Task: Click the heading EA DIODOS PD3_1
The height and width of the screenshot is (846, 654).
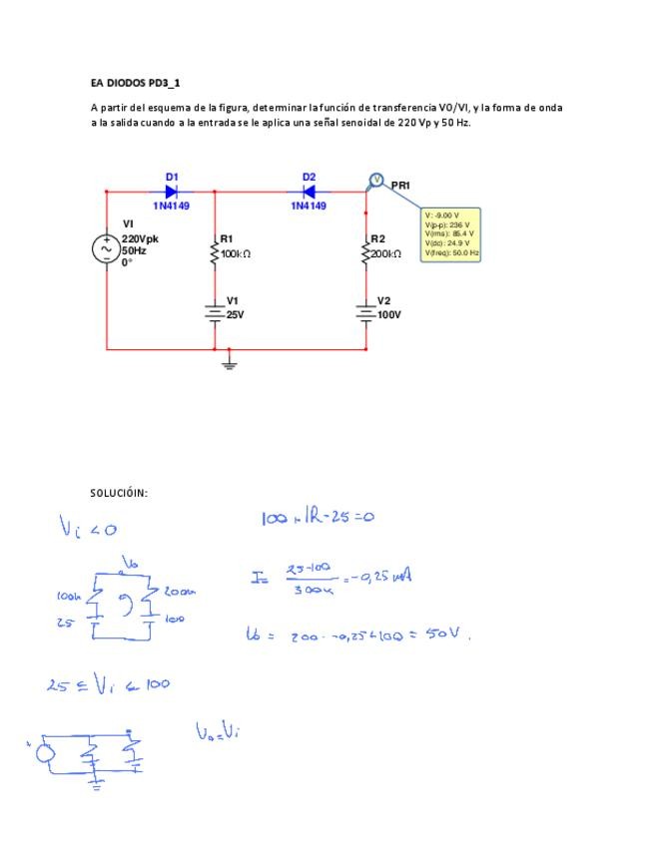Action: click(135, 83)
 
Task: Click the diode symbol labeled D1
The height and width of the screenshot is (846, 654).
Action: click(171, 191)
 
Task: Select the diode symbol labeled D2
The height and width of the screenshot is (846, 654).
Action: click(309, 191)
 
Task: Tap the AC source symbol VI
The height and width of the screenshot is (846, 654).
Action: click(107, 248)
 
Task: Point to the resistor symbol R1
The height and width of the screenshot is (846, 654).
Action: click(215, 253)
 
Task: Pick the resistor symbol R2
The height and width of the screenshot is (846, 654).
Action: click(365, 253)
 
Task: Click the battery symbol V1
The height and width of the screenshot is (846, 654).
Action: click(215, 313)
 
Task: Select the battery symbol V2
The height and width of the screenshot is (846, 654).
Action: click(365, 313)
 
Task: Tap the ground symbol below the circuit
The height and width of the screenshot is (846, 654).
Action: click(229, 362)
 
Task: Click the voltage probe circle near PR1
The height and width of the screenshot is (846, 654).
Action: click(377, 180)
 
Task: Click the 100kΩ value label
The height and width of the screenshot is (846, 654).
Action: click(236, 254)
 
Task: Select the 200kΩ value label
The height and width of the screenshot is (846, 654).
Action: click(386, 254)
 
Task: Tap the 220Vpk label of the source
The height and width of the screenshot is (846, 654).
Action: click(140, 239)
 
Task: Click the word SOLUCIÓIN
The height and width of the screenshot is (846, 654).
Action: click(119, 493)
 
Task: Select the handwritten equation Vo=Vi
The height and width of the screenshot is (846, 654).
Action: click(217, 732)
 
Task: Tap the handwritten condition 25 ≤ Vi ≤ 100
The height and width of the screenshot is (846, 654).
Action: click(108, 684)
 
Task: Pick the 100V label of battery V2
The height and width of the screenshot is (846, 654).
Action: click(388, 314)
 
